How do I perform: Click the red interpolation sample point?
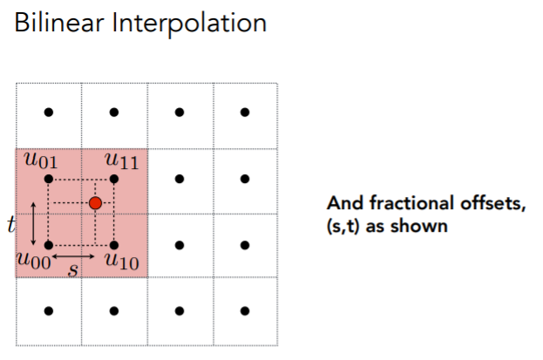coord(95,203)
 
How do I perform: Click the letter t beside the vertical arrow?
coord(10,225)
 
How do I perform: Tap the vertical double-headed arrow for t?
coord(32,222)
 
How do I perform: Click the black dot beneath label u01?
coord(49,179)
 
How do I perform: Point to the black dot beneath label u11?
coord(114,179)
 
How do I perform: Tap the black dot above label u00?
coord(49,245)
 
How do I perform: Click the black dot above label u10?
coord(114,245)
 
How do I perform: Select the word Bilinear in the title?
coord(51,24)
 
